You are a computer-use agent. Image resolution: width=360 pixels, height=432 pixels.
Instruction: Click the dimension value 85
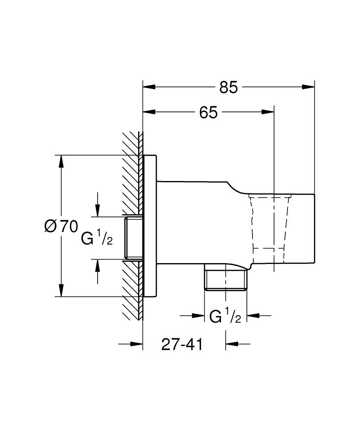coord(228,87)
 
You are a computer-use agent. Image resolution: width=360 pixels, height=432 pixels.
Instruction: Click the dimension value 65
coord(208,113)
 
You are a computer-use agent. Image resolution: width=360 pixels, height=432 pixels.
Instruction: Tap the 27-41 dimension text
coord(182,344)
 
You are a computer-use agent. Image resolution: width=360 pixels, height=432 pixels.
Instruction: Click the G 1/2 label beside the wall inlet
coord(97,238)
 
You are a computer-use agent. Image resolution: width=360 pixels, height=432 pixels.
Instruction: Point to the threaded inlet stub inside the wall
coord(133,238)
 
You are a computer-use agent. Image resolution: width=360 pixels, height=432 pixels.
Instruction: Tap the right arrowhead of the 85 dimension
coord(308,87)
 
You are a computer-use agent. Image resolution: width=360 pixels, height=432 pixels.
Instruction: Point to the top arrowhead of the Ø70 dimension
coord(62,161)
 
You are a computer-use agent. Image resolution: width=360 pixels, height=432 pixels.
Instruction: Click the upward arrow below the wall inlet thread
coord(98,265)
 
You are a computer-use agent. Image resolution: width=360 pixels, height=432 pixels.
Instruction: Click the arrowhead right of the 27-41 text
coord(231,344)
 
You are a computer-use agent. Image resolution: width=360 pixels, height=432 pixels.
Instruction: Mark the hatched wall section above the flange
coord(132,143)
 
